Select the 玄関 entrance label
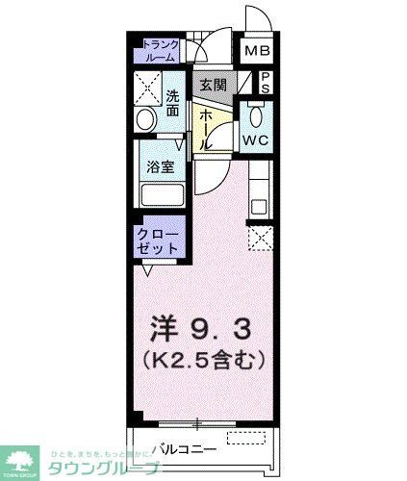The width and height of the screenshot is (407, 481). [213, 85]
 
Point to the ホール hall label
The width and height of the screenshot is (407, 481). [205, 128]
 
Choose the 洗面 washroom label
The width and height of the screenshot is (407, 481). [172, 102]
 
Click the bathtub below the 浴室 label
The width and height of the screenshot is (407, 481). [161, 195]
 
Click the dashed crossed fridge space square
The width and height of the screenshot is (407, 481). [260, 239]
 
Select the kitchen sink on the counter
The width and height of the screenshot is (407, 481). [260, 205]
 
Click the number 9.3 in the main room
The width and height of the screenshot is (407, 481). [216, 330]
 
